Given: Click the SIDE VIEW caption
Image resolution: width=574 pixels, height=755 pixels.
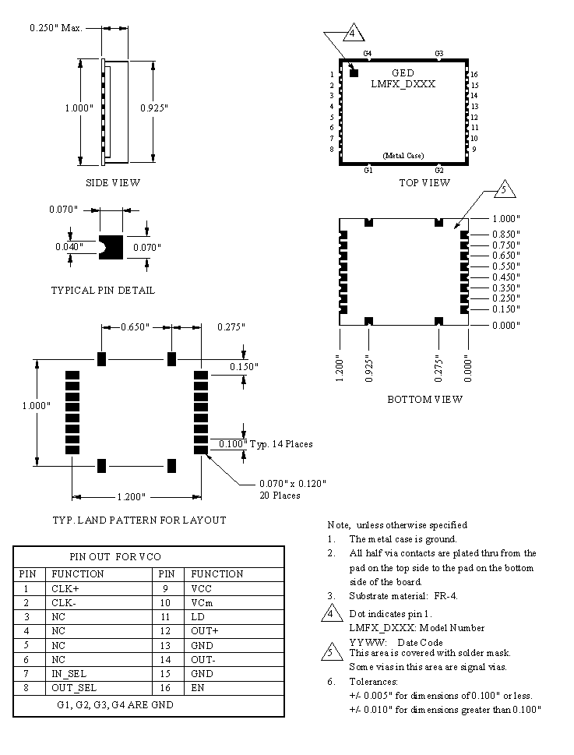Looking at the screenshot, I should pyautogui.click(x=113, y=183).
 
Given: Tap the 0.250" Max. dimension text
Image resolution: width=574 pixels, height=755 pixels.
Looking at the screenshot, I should pyautogui.click(x=56, y=28).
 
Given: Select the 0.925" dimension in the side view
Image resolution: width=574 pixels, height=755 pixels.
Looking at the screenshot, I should pyautogui.click(x=153, y=109).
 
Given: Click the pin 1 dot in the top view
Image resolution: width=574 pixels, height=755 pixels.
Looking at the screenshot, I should pyautogui.click(x=354, y=72).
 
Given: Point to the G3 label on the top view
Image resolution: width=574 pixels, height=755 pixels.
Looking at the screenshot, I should pyautogui.click(x=439, y=54).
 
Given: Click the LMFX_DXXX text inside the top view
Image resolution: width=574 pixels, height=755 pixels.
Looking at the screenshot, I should pyautogui.click(x=403, y=84).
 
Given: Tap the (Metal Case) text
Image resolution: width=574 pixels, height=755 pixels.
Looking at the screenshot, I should pyautogui.click(x=403, y=156).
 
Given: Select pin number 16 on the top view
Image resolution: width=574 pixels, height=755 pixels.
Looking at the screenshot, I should pyautogui.click(x=474, y=75).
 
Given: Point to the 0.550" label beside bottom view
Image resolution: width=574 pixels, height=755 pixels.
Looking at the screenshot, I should pyautogui.click(x=505, y=266).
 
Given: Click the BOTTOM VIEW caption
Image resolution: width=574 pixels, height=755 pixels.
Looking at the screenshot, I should pyautogui.click(x=424, y=400).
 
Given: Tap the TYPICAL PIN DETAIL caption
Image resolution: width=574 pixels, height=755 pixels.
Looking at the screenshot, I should pyautogui.click(x=103, y=291).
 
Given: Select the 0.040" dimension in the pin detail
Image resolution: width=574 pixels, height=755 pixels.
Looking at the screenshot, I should pyautogui.click(x=68, y=247).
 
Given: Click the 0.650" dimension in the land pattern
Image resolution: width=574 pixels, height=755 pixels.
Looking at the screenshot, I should pyautogui.click(x=136, y=327).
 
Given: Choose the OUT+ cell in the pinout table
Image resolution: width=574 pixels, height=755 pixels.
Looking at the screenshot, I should pyautogui.click(x=204, y=630).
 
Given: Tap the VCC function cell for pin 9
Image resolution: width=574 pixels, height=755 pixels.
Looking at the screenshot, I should pyautogui.click(x=202, y=590).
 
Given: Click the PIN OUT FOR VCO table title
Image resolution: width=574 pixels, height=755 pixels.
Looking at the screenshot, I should pyautogui.click(x=115, y=557).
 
